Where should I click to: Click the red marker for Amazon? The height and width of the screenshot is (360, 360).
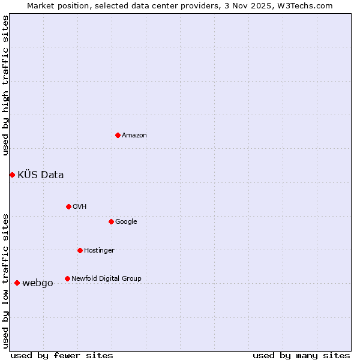[x=118, y=135]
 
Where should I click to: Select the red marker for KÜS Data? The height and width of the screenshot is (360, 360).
[x=12, y=175]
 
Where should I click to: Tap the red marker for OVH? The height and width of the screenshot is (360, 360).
[x=68, y=206]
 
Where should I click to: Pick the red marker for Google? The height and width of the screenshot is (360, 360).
[x=111, y=221]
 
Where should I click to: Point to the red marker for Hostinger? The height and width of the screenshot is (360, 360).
[x=80, y=250]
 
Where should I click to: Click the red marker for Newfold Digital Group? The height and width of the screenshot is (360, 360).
[x=67, y=278]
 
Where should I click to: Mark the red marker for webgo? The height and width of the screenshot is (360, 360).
[x=17, y=283]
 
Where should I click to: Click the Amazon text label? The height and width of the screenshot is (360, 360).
[x=134, y=136]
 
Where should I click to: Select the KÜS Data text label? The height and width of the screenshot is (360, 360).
[x=41, y=175]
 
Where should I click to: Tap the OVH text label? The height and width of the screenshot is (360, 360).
[x=80, y=207]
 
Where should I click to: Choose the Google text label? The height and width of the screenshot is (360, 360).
[x=126, y=222]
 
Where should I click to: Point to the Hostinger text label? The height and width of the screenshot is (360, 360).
[x=99, y=251]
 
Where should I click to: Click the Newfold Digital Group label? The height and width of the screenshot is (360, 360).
[x=106, y=278]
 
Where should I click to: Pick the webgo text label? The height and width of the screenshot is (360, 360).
[x=38, y=283]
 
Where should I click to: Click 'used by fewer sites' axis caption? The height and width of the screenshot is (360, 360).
[x=62, y=355]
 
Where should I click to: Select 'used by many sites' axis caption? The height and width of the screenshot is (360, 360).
[x=301, y=355]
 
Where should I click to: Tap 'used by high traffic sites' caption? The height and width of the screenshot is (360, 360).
[x=6, y=85]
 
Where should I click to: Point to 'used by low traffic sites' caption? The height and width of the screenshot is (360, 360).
[x=6, y=280]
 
